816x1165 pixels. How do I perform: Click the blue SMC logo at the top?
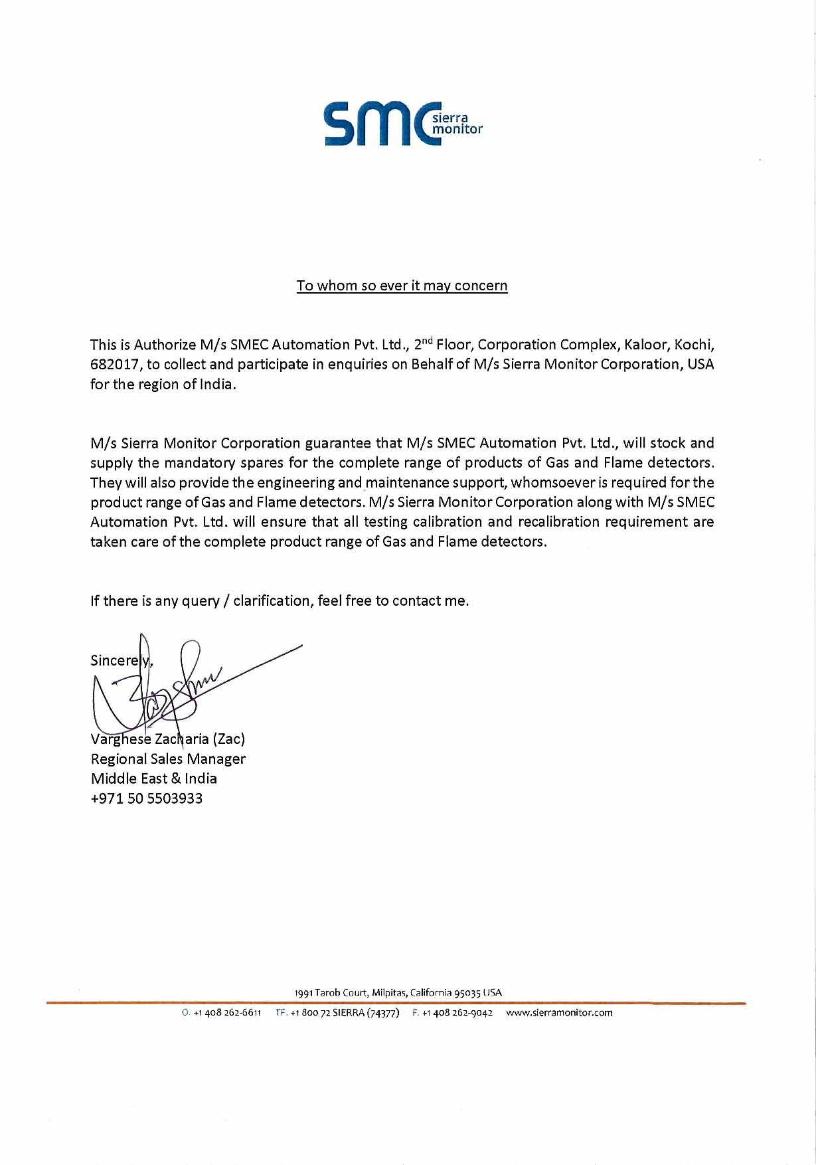point(402,124)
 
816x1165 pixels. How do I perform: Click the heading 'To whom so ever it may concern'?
point(402,286)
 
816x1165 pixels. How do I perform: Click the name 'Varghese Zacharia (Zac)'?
point(168,739)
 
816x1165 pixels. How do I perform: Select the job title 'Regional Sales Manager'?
point(168,759)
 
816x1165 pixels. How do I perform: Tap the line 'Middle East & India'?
point(154,778)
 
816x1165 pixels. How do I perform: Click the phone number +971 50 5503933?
point(147,798)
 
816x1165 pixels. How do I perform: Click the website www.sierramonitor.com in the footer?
point(559,1013)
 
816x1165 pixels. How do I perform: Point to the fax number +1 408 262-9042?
point(457,1013)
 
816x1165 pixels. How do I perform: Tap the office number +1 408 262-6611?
point(226,1013)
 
